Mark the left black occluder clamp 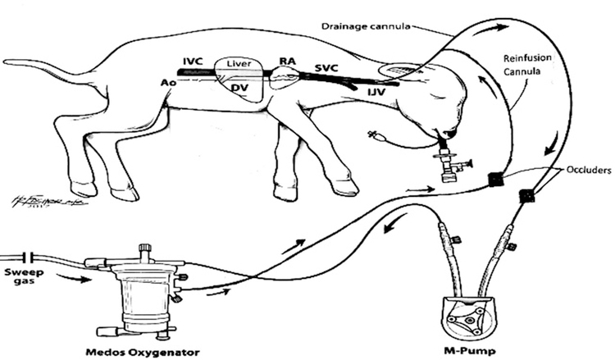494,180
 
